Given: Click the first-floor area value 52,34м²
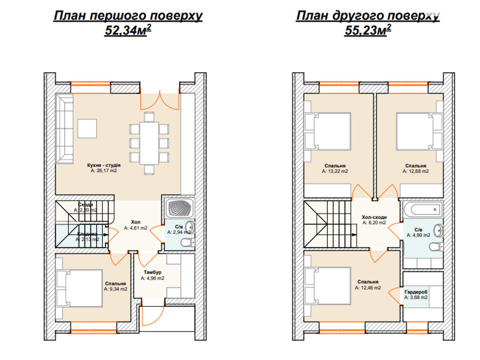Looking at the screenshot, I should [128, 30].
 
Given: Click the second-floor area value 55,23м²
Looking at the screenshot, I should [368, 30].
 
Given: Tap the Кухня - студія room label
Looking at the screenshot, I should [104, 165].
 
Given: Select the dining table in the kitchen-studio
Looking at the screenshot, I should [149, 143].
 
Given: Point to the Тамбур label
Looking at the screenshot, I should [152, 272].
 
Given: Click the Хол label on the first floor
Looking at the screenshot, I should [136, 222].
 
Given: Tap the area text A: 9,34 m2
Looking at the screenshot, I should [115, 289].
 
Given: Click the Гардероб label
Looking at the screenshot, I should [416, 292].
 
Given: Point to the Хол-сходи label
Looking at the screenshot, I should [374, 217].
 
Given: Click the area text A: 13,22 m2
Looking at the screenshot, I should [335, 171].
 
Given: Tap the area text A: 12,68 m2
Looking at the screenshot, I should [415, 171].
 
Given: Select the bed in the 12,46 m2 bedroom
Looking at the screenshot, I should [328, 286].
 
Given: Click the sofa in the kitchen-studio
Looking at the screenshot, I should [64, 128].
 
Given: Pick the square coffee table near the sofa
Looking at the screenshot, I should [87, 128].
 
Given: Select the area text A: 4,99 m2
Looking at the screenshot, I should [418, 235].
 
